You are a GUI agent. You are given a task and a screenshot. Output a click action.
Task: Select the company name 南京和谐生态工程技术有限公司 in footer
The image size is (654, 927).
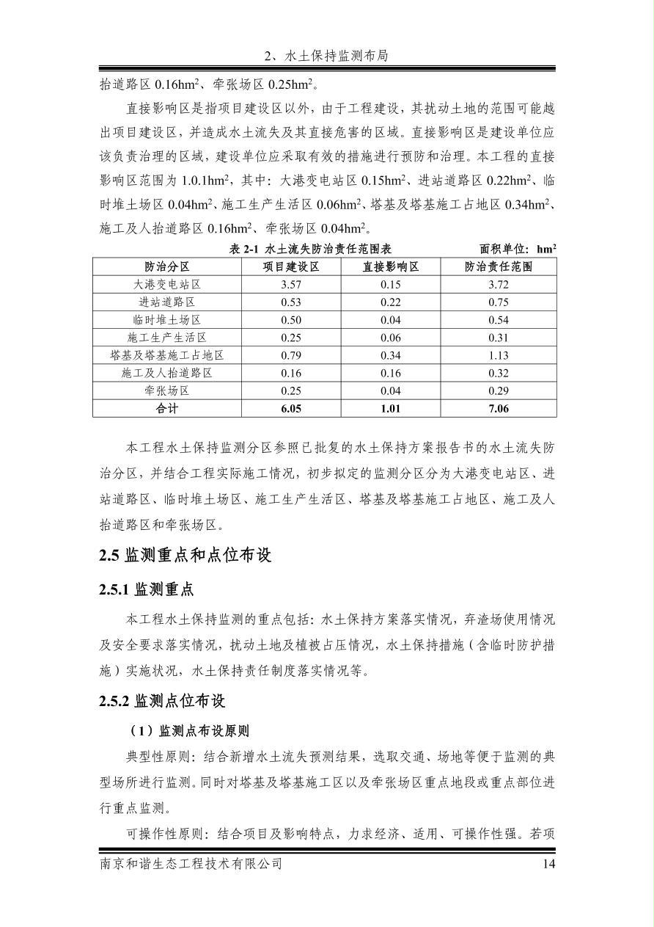[191, 864]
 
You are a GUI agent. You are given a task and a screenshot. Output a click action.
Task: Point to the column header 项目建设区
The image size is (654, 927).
[292, 266]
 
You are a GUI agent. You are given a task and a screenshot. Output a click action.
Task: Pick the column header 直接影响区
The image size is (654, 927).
[391, 266]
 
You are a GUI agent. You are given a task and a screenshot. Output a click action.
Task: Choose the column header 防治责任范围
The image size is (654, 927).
[498, 266]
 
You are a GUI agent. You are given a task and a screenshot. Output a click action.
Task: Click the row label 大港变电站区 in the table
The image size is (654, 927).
[167, 284]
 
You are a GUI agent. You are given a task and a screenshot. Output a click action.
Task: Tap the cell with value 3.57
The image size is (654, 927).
[292, 284]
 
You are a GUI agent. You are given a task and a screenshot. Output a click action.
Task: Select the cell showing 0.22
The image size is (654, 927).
[391, 302]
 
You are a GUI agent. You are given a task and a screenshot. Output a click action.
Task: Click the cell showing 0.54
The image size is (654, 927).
[498, 320]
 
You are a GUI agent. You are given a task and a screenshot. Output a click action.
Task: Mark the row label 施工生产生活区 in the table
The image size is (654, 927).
[167, 338]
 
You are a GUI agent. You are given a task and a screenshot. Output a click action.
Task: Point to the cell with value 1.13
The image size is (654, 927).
[498, 355]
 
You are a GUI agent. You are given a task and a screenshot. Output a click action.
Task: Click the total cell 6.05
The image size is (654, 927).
[292, 408]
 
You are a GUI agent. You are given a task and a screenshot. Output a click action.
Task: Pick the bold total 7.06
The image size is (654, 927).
[498, 408]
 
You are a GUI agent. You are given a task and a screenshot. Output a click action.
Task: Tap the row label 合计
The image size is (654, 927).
[167, 408]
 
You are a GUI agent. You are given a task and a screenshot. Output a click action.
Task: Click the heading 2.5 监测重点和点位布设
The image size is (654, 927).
[185, 556]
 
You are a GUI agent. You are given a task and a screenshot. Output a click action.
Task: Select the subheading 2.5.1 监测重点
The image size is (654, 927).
[147, 589]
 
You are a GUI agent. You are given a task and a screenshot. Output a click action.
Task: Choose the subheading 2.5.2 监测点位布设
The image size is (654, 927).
[162, 701]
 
